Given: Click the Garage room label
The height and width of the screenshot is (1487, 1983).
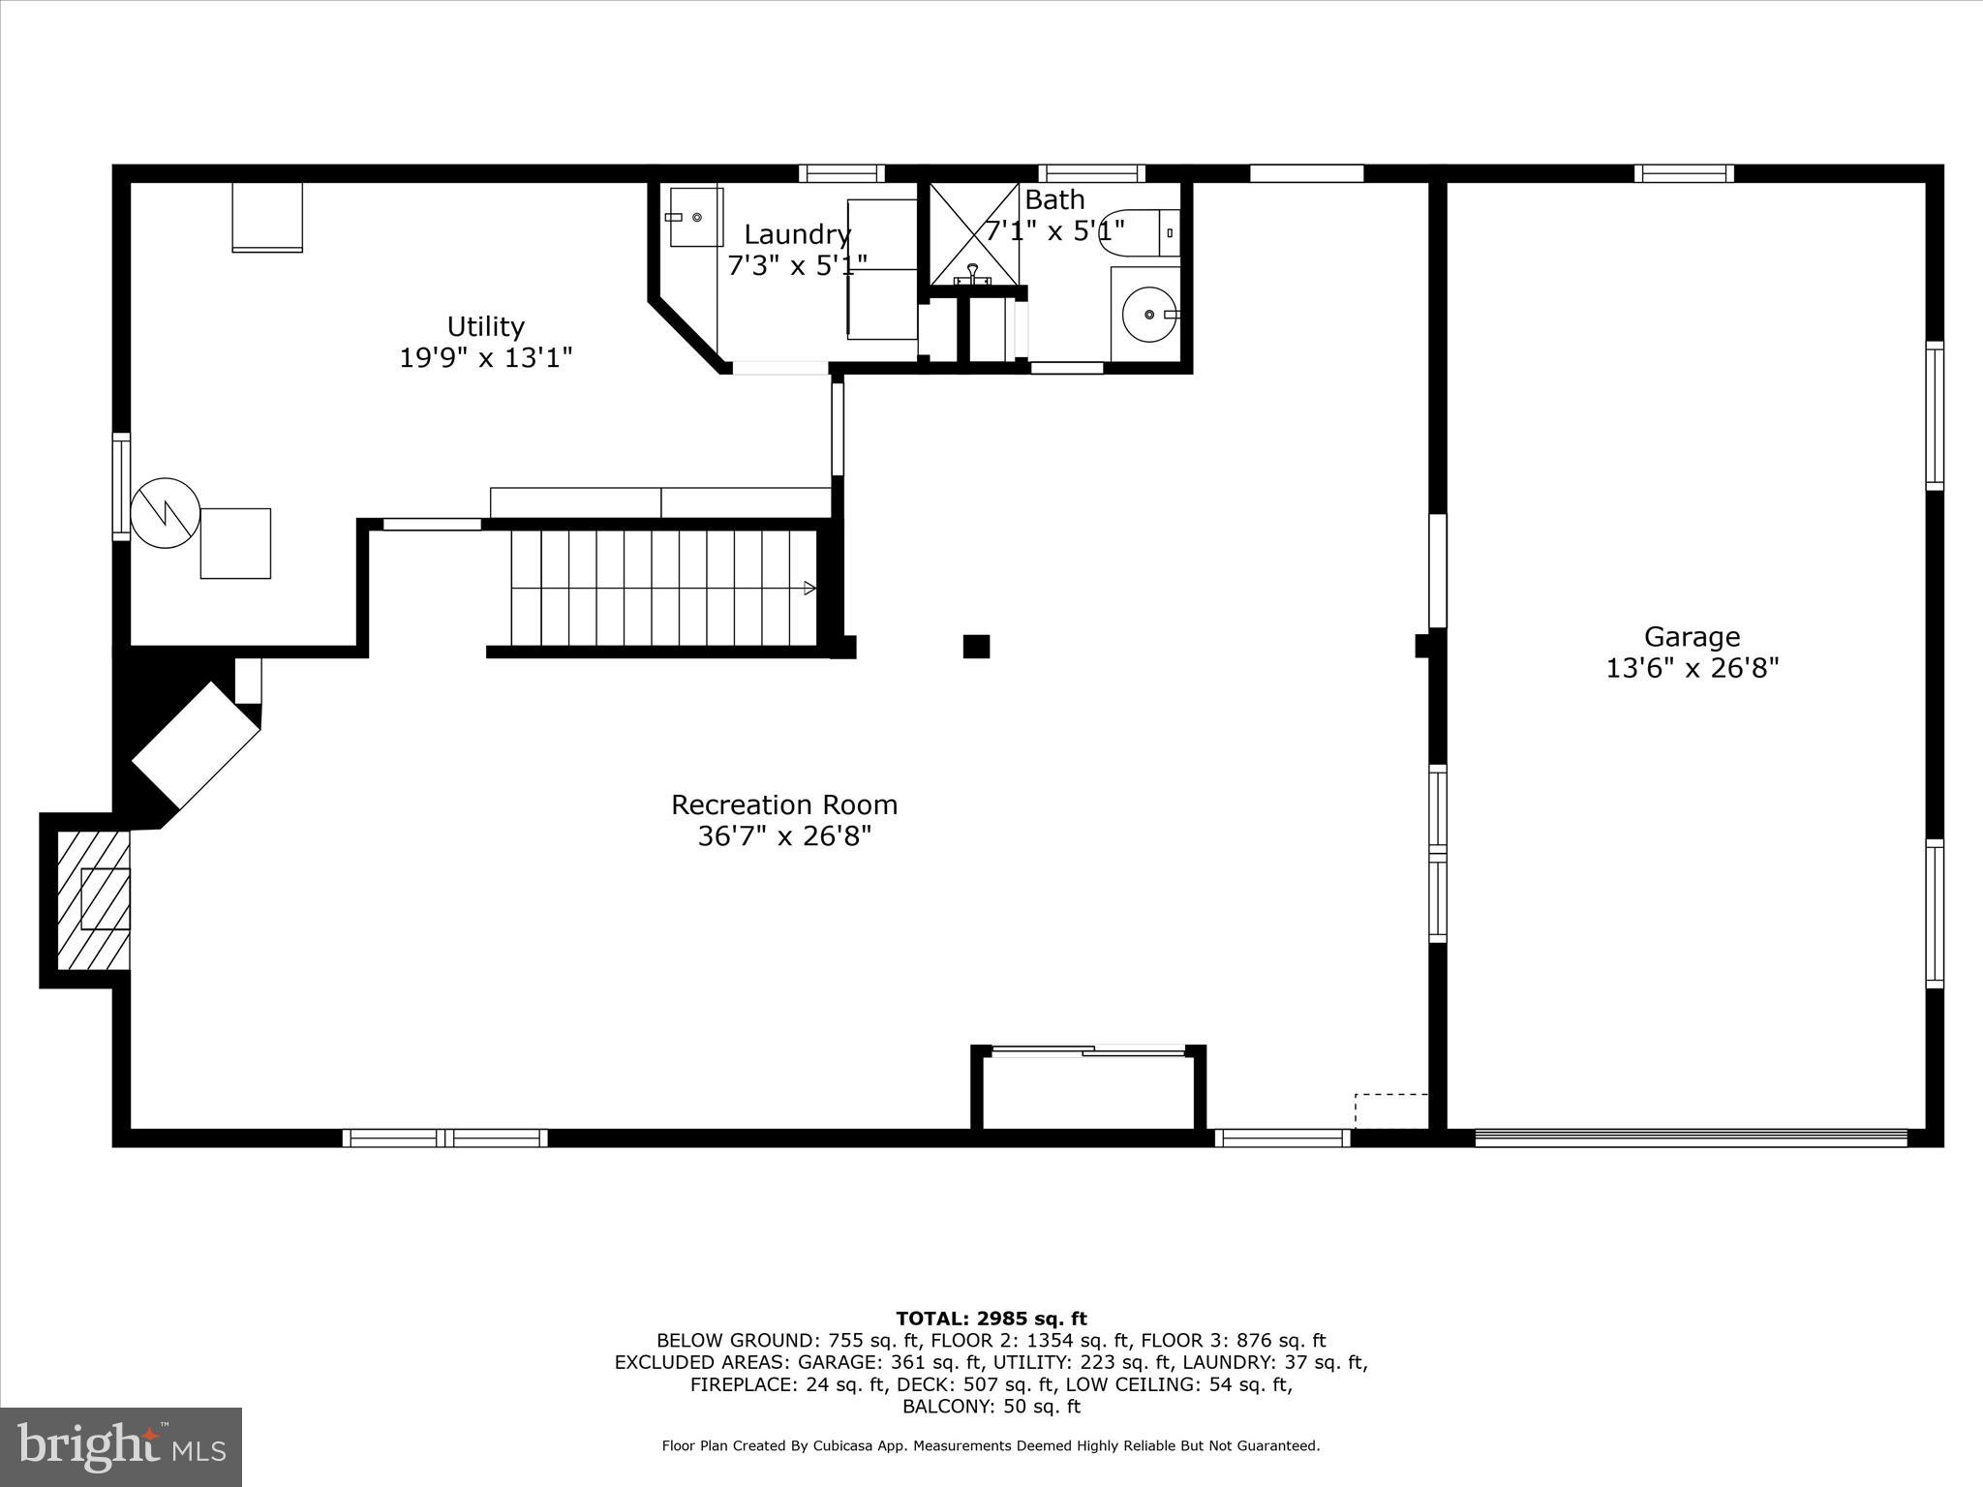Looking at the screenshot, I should tap(1692, 637).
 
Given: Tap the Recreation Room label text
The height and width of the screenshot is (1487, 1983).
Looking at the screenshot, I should tap(784, 804).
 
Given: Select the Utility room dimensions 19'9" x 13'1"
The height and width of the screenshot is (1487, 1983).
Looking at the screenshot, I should tap(485, 358).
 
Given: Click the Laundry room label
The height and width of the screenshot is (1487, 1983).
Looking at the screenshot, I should tap(797, 234).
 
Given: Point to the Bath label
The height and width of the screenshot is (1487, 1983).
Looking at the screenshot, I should tap(1054, 200).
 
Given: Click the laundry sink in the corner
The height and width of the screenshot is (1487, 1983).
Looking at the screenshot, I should tap(696, 217).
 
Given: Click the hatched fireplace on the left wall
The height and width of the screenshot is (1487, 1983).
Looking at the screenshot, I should tap(94, 899).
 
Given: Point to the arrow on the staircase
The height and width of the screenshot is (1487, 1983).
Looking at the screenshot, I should tap(809, 588).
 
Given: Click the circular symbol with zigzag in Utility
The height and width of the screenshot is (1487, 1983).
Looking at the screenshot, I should tap(166, 512).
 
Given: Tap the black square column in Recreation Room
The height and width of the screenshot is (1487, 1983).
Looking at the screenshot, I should tap(976, 646).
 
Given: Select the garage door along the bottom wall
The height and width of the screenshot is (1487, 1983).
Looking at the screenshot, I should tap(1691, 1138).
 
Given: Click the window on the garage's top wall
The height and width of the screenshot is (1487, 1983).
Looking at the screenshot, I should tap(1684, 173).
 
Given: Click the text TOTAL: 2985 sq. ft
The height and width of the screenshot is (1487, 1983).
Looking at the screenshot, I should tap(991, 1319).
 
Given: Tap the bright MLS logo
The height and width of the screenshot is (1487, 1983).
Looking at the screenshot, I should tap(121, 1446).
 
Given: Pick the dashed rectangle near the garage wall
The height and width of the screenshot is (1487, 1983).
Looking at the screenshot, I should tap(1390, 1110).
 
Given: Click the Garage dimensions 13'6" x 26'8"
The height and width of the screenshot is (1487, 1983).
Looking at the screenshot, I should tap(1692, 669).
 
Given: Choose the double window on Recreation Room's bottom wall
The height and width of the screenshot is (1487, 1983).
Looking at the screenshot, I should tap(444, 1138).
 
